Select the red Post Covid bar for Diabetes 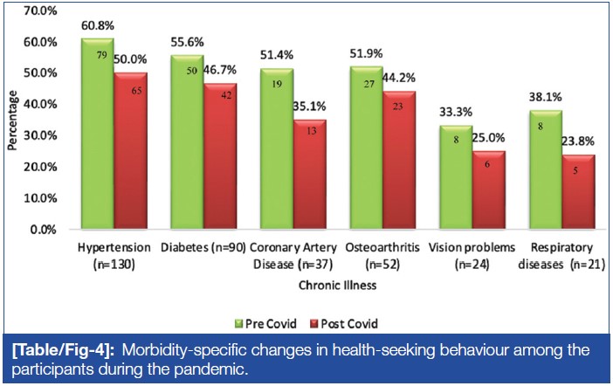pyautogui.click(x=209, y=157)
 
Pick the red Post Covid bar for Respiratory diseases pyautogui.click(x=577, y=193)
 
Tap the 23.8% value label pyautogui.click(x=578, y=145)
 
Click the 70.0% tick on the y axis pyautogui.click(x=38, y=10)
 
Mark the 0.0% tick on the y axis pyautogui.click(x=42, y=230)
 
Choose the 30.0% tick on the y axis pyautogui.click(x=38, y=136)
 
